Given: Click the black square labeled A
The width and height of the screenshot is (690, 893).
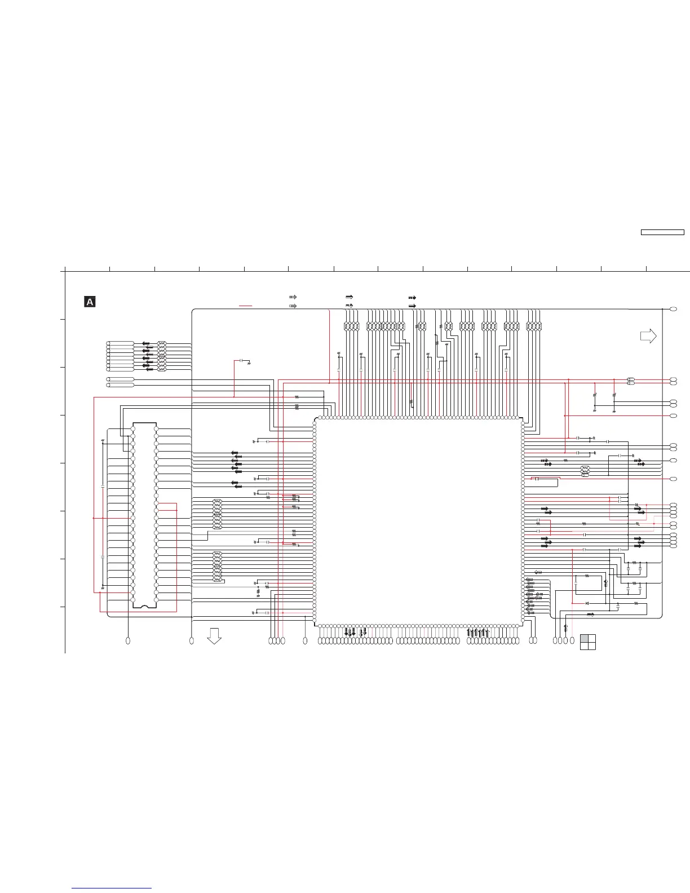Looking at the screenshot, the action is [x=90, y=302].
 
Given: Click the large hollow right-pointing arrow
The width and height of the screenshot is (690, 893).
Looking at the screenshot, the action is [x=648, y=337].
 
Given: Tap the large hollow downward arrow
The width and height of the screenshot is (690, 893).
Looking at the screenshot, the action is [x=214, y=636].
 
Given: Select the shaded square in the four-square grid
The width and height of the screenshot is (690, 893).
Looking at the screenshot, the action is [x=584, y=638].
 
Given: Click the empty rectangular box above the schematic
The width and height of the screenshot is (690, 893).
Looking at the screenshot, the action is [x=662, y=232].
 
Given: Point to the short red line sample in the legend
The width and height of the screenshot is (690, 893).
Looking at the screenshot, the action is [x=245, y=306].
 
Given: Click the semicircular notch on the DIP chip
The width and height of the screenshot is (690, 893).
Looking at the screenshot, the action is [x=144, y=606].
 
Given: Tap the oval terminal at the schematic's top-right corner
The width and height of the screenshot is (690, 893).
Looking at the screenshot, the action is [x=673, y=309].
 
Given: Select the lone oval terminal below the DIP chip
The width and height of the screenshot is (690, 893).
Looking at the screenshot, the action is [x=128, y=640].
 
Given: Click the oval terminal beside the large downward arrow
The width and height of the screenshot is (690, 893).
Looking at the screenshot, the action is [x=192, y=640].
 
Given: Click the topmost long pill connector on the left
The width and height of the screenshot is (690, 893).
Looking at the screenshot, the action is [x=121, y=343].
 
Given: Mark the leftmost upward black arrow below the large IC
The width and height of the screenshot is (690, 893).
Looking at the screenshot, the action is [x=468, y=633].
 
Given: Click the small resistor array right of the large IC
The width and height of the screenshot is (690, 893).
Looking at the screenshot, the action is [x=585, y=471].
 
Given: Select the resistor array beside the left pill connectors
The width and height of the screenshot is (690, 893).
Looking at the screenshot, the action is [x=162, y=356].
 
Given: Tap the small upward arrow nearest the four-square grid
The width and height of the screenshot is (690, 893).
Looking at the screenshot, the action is [x=565, y=627].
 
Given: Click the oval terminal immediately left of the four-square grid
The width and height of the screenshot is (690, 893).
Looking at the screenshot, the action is [x=572, y=640].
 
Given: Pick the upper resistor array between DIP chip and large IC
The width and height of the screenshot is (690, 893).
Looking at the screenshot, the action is [x=217, y=514].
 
